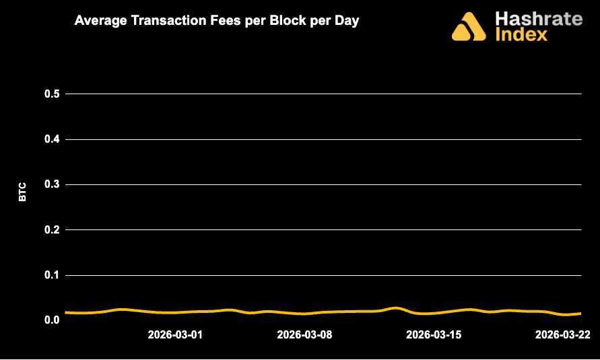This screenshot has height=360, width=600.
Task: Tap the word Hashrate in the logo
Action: tap(538, 18)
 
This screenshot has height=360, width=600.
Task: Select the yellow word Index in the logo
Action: tap(521, 34)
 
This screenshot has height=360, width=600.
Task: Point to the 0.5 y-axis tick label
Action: tap(53, 94)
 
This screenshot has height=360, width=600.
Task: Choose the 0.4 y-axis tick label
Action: tap(53, 139)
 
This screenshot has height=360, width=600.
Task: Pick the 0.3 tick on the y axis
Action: tap(53, 184)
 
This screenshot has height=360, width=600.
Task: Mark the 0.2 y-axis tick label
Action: tap(53, 230)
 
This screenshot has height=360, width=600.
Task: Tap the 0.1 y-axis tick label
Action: tap(53, 275)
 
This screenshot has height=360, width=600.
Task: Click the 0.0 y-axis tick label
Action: tap(53, 320)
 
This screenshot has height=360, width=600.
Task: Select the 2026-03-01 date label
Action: tap(175, 334)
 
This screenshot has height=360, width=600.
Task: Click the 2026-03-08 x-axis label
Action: tap(305, 334)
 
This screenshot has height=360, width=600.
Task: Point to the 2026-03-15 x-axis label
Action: tap(434, 334)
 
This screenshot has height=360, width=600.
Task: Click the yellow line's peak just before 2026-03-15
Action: tap(395, 308)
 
